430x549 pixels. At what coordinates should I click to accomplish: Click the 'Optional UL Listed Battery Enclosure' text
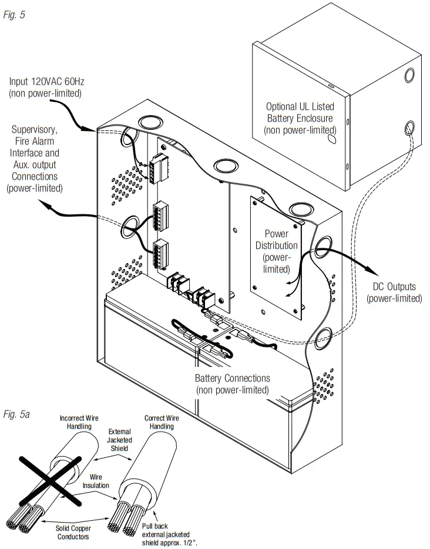coord(299,118)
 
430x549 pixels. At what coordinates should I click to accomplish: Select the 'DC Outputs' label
coord(394,292)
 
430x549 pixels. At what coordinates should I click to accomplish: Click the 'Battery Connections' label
coord(232,384)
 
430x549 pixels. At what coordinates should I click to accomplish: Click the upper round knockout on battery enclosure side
coord(409,76)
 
